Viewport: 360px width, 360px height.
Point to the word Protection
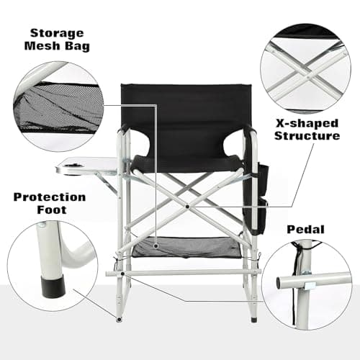click(x=48, y=197)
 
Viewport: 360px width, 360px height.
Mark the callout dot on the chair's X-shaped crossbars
click(x=187, y=205)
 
